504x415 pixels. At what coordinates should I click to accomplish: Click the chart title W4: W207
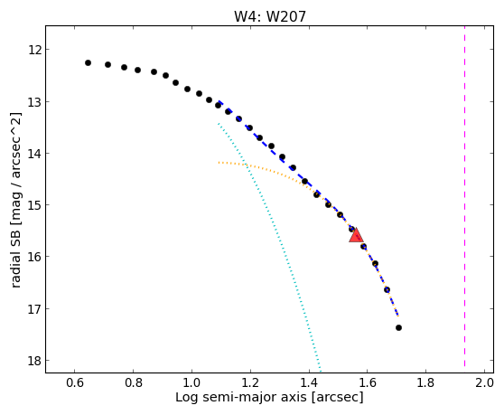[x=270, y=16]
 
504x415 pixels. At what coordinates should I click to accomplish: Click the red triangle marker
[x=356, y=236]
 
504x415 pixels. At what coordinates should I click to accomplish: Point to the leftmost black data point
[x=89, y=62]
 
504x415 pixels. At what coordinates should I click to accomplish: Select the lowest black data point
[x=398, y=328]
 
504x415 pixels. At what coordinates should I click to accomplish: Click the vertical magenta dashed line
[x=464, y=196]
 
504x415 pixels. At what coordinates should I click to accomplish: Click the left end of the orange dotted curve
[x=219, y=163]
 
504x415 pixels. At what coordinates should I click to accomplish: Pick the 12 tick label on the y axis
[x=34, y=50]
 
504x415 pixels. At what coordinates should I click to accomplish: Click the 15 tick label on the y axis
[x=34, y=205]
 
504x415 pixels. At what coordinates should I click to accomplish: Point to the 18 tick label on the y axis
[x=34, y=361]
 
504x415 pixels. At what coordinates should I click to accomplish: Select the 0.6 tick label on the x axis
[x=75, y=382]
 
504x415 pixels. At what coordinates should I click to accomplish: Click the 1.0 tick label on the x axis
[x=191, y=382]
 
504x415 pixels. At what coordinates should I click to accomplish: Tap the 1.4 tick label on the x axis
[x=309, y=382]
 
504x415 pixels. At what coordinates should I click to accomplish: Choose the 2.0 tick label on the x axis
[x=484, y=382]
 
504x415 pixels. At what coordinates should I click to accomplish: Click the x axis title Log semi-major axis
[x=241, y=398]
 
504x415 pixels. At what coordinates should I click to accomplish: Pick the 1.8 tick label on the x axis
[x=425, y=382]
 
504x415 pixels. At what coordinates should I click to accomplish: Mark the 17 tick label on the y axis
[x=34, y=309]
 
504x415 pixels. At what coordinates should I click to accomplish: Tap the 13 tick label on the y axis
[x=34, y=102]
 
